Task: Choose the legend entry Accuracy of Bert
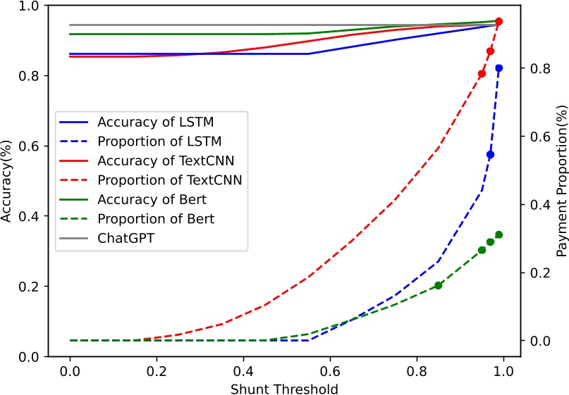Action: (152, 199)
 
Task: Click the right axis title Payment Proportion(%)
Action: (562, 182)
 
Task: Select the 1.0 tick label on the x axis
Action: (503, 370)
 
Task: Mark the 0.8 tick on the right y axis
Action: (538, 68)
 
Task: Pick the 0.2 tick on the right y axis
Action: (538, 272)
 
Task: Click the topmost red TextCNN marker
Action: (498, 22)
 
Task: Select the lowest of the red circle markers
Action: (482, 74)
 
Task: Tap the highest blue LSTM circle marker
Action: (498, 68)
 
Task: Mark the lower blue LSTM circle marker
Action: (490, 154)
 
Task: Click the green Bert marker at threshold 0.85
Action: (438, 285)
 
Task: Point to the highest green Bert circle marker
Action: (498, 234)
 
